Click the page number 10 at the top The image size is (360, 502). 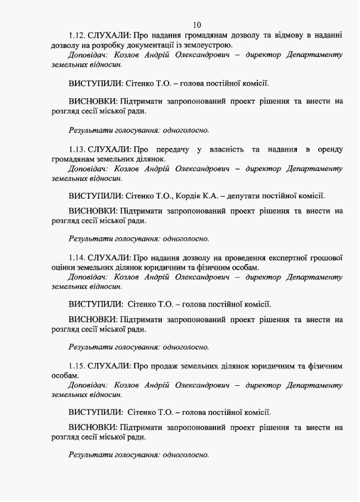(196, 25)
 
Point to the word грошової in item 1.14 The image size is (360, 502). (325, 258)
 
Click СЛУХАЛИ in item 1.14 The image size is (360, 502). (109, 258)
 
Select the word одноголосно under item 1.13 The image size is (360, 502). (186, 238)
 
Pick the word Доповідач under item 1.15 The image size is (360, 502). (87, 385)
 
